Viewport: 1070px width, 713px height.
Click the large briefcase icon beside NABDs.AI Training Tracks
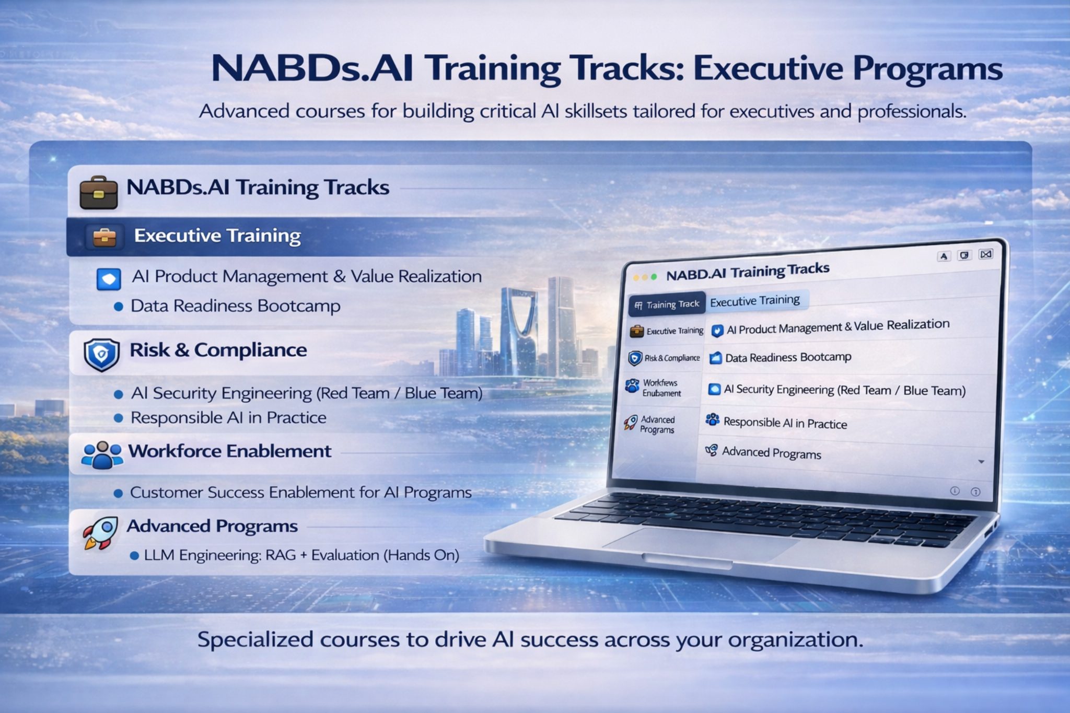[98, 192]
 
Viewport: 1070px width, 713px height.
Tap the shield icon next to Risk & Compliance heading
[101, 354]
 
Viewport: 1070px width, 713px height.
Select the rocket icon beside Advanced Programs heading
[100, 532]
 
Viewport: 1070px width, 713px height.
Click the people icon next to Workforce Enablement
[101, 454]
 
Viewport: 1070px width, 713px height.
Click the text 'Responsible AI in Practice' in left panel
[228, 418]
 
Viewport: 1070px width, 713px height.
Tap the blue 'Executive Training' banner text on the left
[217, 236]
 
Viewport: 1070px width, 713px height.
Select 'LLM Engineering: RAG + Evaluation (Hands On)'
[301, 555]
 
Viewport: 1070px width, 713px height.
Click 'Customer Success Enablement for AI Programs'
[300, 493]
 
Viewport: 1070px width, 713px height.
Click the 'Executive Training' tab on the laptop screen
[754, 301]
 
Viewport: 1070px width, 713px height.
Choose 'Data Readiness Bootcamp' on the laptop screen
[788, 358]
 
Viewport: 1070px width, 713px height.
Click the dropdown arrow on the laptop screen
[981, 462]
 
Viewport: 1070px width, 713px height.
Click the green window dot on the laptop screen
[654, 277]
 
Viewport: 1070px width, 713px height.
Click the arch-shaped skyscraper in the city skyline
[519, 329]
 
